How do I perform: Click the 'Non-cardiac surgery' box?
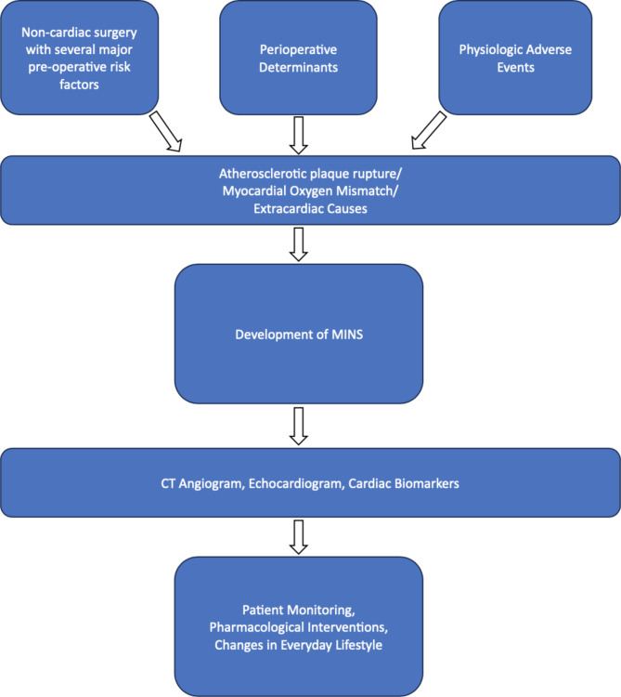80,58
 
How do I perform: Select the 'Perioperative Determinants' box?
298,58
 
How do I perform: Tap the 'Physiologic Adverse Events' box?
515,58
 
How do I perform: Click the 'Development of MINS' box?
299,334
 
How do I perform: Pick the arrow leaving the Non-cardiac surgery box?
165,132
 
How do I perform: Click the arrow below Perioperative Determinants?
299,135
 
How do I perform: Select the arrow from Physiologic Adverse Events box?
429,130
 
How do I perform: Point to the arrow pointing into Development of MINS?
299,244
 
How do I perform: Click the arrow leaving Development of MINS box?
299,426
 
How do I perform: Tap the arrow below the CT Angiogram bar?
299,537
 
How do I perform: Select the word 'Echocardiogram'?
296,483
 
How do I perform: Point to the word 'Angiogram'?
212,483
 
